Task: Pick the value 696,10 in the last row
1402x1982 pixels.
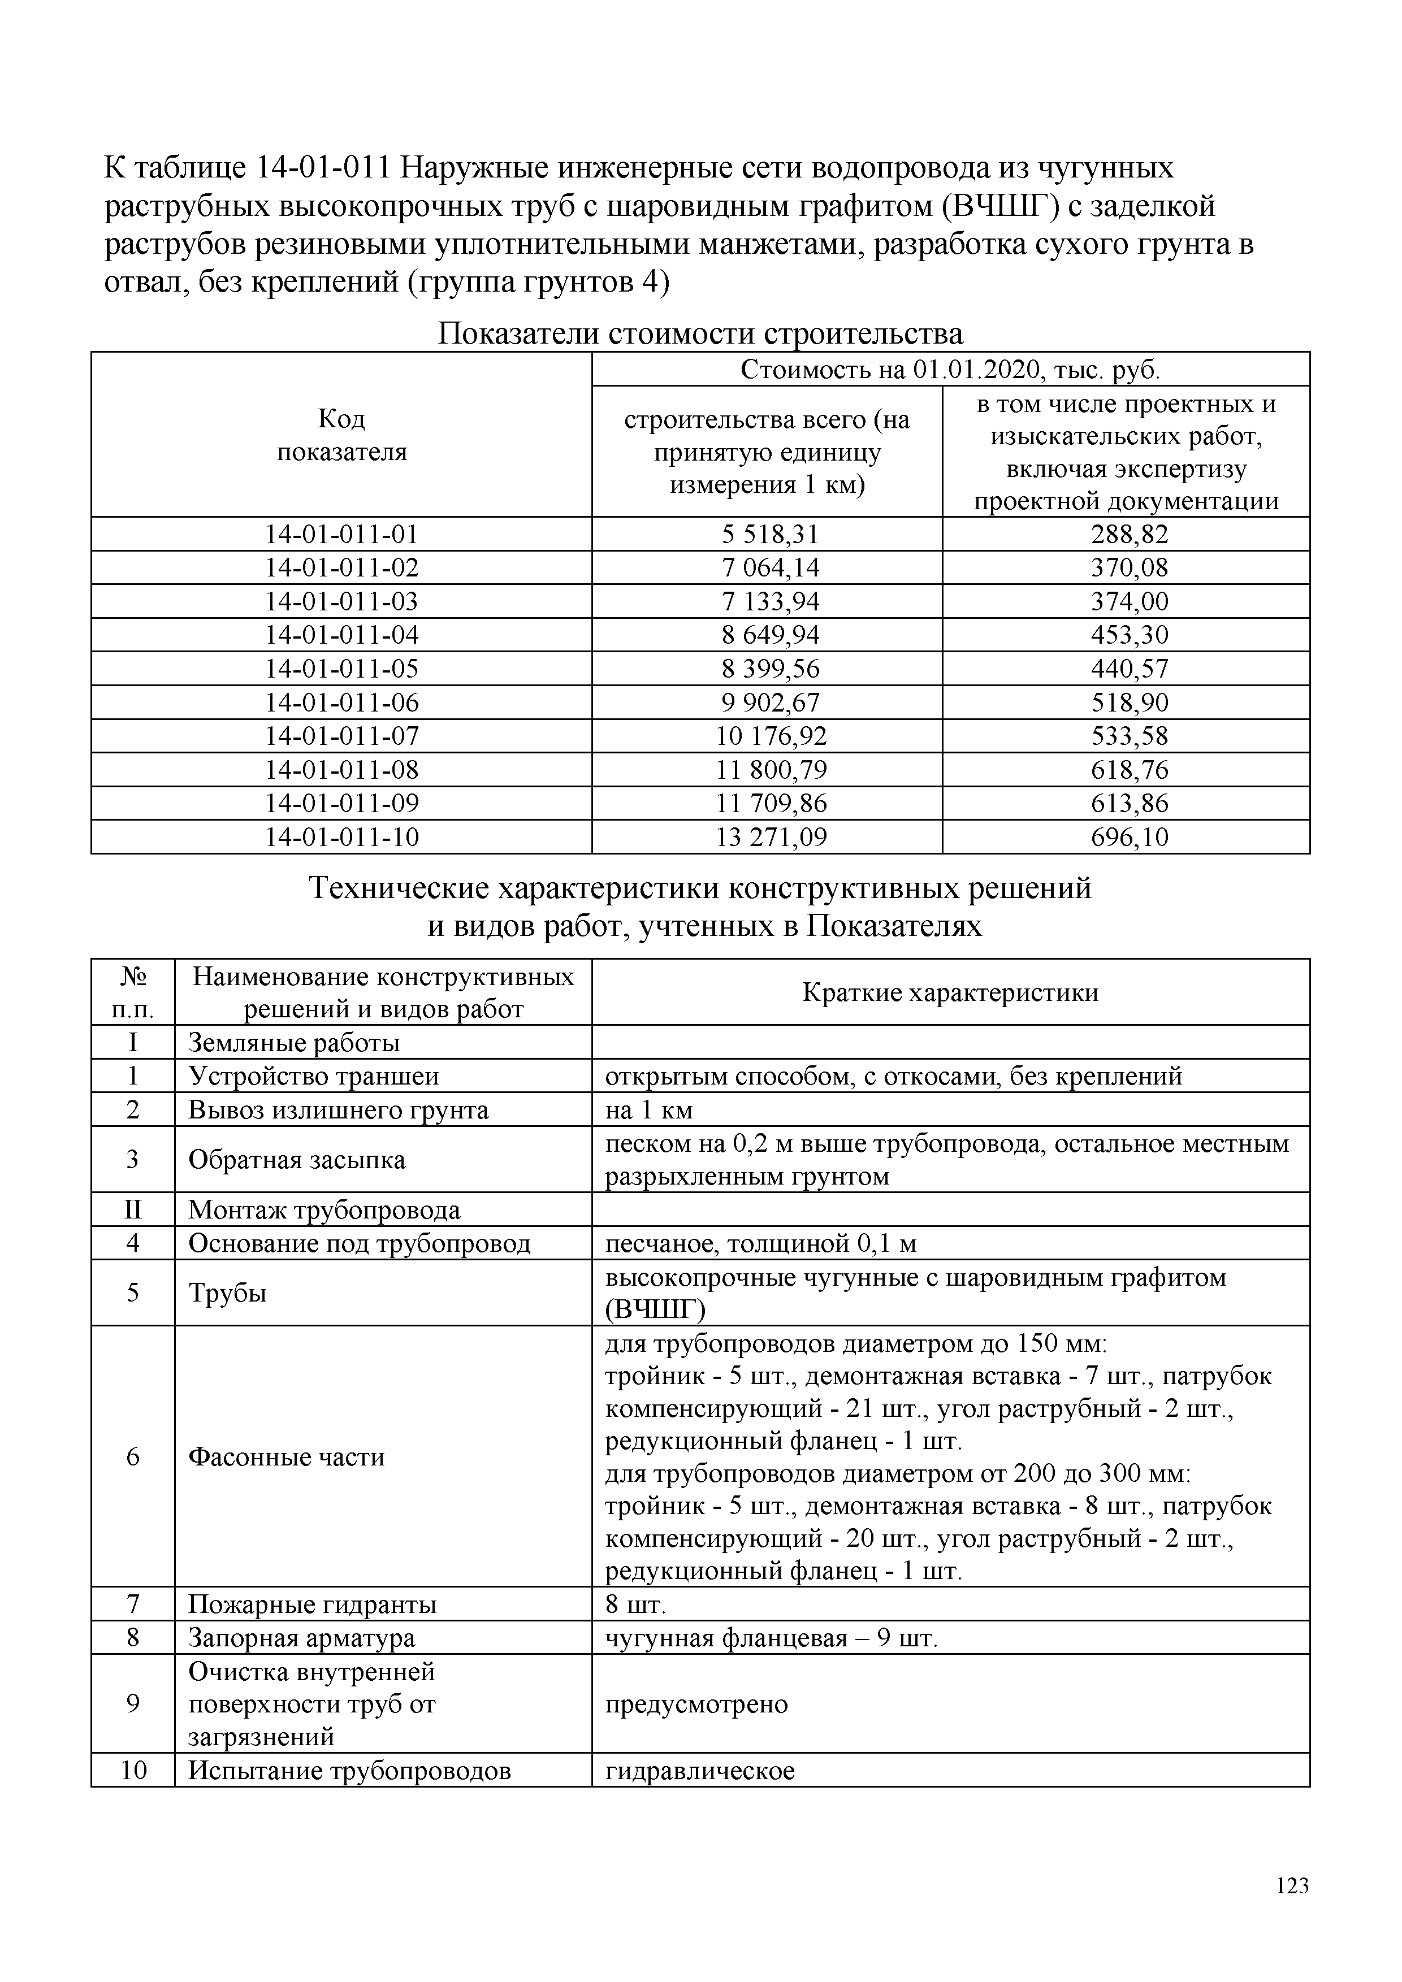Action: coord(1128,836)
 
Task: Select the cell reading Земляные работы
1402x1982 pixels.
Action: coord(295,1042)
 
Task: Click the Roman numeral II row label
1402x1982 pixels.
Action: coord(133,1209)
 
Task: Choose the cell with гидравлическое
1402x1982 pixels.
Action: coord(700,1771)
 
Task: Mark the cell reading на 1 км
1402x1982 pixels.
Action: coord(648,1109)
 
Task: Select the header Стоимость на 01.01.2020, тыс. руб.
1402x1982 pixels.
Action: coord(950,370)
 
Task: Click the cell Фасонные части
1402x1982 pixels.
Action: coord(287,1456)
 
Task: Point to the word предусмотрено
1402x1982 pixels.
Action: coord(696,1703)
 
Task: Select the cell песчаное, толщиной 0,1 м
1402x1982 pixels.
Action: coord(760,1243)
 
